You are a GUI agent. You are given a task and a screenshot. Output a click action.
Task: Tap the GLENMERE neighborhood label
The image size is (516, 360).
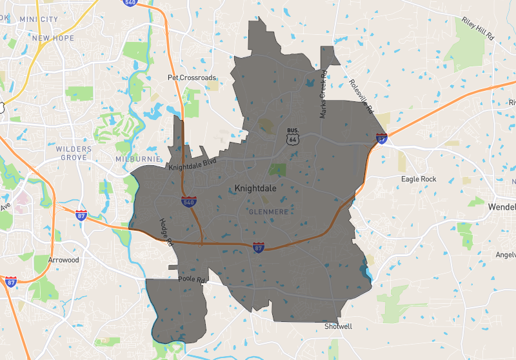[x=267, y=211]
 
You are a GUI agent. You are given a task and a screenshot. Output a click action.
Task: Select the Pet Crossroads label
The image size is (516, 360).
[x=192, y=77]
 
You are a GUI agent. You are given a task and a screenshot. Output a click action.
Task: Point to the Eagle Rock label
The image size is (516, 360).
[x=419, y=179]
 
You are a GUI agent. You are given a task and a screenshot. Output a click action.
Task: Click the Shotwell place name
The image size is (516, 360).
[x=339, y=326]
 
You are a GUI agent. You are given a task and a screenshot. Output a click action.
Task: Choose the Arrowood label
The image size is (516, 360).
[x=63, y=260]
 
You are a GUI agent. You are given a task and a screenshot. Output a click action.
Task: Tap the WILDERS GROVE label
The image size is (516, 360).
[x=74, y=154]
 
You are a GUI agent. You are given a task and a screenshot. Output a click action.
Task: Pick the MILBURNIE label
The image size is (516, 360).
[x=136, y=158]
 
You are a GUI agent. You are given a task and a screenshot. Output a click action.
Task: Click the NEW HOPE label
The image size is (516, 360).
[x=53, y=38]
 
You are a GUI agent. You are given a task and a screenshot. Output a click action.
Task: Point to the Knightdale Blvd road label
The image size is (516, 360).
[x=193, y=164]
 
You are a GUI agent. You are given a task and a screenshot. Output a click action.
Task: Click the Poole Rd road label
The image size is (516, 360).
[x=192, y=281]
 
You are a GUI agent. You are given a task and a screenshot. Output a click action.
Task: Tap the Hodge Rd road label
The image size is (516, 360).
[x=166, y=233]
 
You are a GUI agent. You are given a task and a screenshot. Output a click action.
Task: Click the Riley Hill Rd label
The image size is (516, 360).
[x=477, y=30]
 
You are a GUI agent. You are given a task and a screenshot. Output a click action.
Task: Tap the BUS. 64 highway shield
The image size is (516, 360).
[x=293, y=136]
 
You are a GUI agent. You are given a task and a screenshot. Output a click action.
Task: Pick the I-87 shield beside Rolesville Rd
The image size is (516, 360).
[x=382, y=137]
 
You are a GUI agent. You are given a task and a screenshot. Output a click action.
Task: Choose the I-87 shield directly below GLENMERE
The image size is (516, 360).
[x=259, y=247]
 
